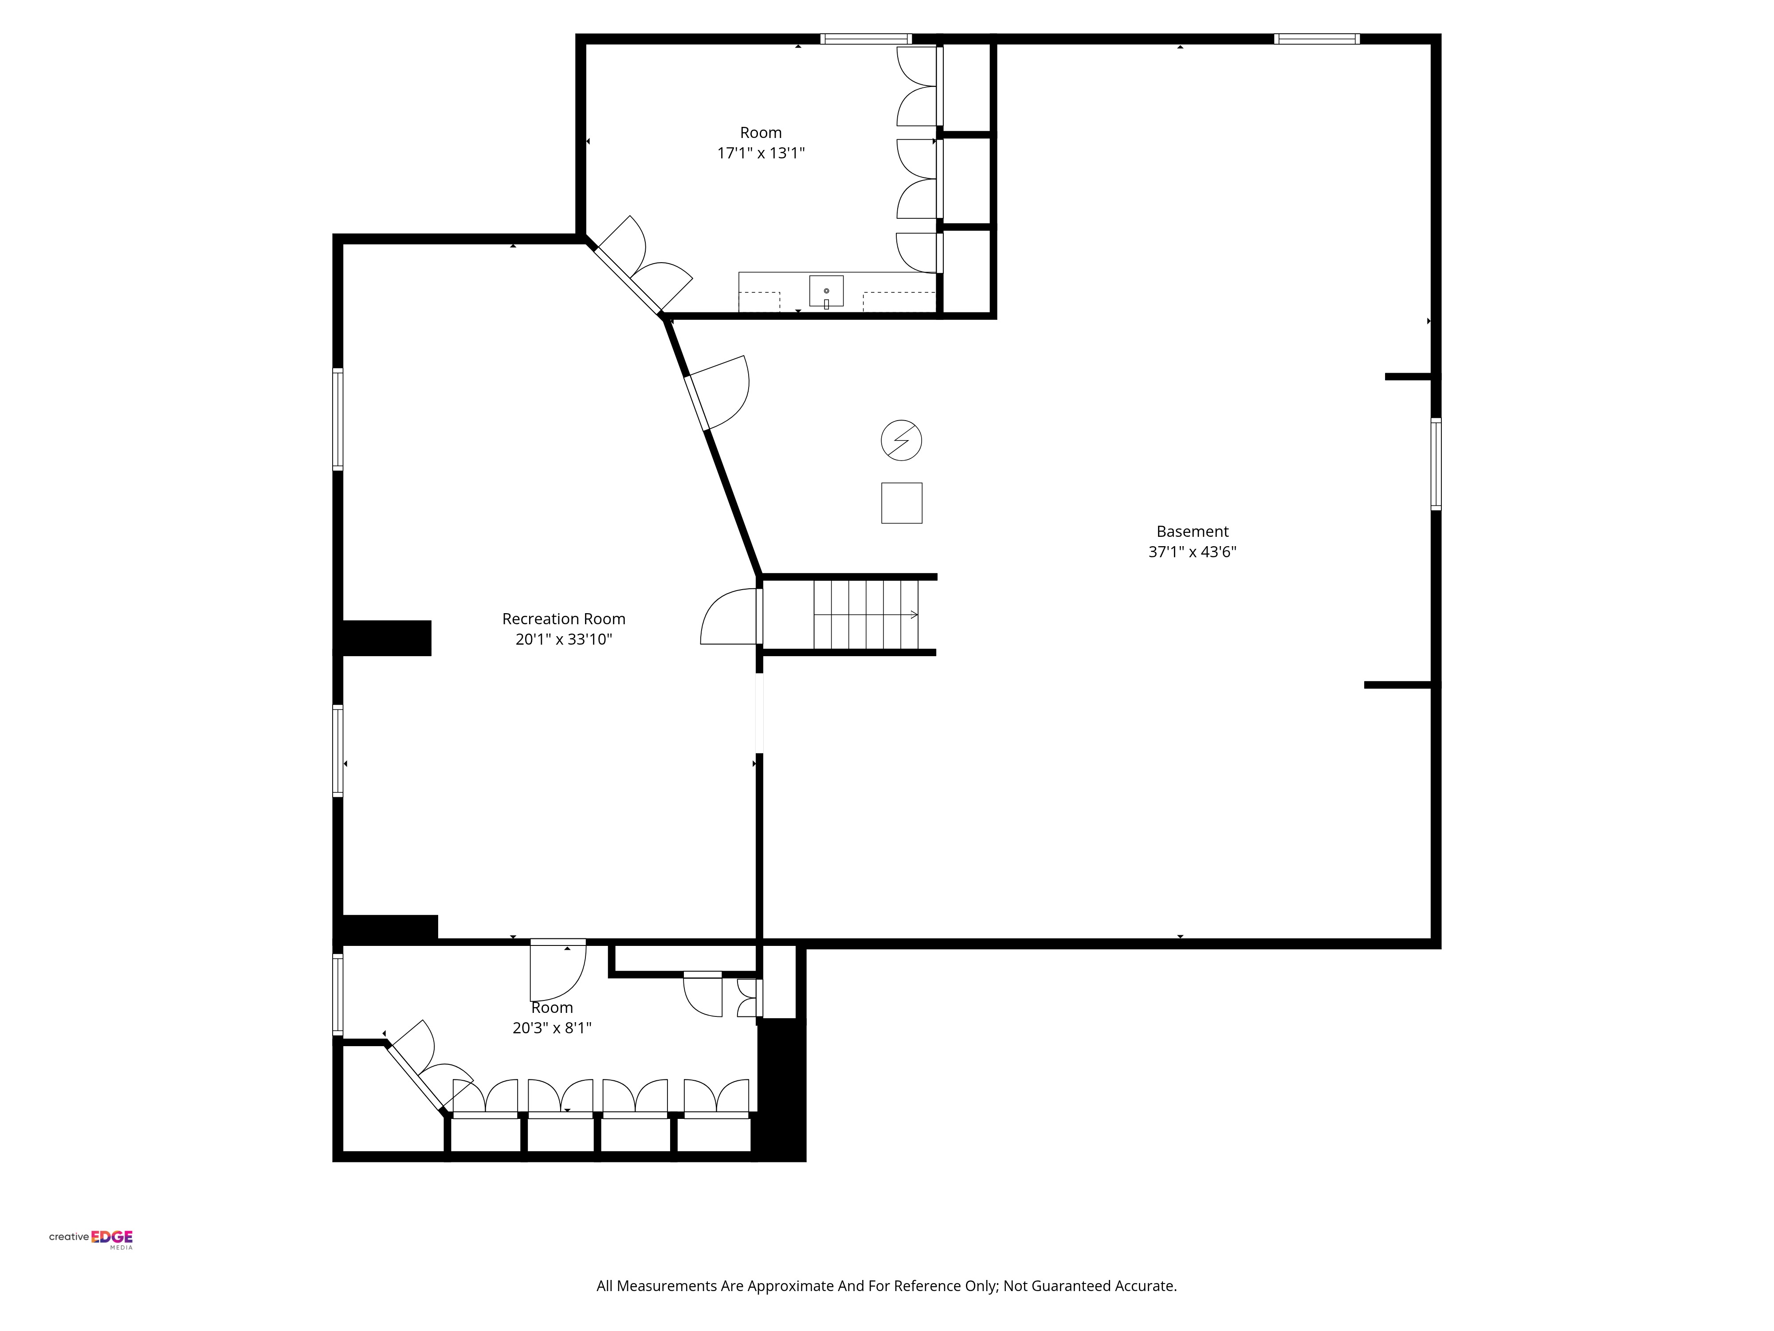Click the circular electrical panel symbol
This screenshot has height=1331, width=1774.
pyautogui.click(x=902, y=441)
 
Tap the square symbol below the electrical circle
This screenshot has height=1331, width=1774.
pyautogui.click(x=902, y=503)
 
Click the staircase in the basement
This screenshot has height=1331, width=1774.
pyautogui.click(x=866, y=614)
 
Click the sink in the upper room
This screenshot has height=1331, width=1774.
pyautogui.click(x=826, y=291)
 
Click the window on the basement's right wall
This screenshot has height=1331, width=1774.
pyautogui.click(x=1436, y=464)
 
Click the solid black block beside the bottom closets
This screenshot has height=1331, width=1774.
pyautogui.click(x=781, y=1090)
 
